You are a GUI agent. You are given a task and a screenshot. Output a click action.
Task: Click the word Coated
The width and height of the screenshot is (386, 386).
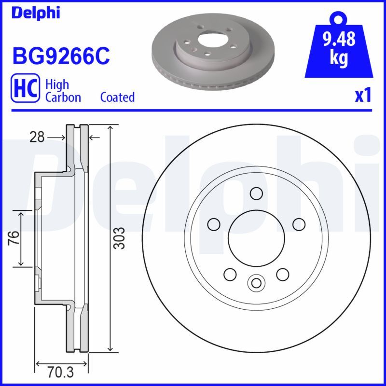coord(117,97)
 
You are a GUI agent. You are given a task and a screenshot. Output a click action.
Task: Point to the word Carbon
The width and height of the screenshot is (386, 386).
coord(63,97)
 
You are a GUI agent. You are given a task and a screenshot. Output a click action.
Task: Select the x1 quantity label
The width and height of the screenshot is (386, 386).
coord(363,96)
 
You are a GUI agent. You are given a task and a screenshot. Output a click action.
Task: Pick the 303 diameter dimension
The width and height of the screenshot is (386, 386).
coord(120,238)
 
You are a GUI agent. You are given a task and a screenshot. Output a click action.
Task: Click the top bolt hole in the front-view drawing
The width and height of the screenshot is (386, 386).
coord(256,193)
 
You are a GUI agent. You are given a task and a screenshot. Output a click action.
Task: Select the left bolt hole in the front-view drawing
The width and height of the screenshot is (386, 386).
coord(213,224)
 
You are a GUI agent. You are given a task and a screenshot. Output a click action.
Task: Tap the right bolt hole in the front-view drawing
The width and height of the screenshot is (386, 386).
coord(299,224)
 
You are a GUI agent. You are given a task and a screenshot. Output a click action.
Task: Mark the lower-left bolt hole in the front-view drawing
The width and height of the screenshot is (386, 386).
coord(230,275)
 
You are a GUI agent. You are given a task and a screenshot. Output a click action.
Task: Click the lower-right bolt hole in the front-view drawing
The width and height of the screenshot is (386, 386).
coord(282,275)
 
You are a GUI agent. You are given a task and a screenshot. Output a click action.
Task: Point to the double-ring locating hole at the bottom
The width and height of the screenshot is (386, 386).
coord(256,282)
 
